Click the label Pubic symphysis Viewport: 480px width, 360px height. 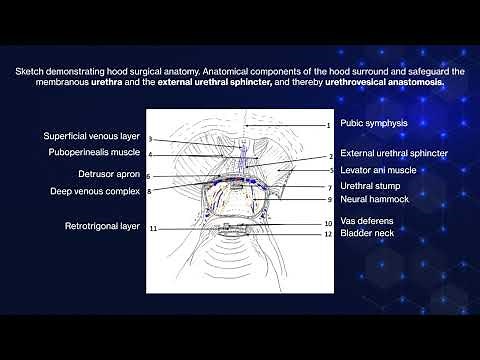click(373, 124)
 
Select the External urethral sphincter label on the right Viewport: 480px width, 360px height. click(393, 154)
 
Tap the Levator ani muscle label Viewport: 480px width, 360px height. click(378, 170)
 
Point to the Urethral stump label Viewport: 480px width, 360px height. click(370, 186)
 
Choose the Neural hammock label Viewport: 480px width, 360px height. click(372, 199)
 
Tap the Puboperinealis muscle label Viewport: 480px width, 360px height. click(91, 153)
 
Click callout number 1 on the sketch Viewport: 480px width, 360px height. click(327, 125)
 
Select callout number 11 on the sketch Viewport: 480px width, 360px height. click(153, 228)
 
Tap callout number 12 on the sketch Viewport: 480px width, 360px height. click(327, 234)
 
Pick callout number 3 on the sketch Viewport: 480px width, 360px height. click(150, 139)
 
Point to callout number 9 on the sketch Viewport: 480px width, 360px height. click(328, 200)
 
